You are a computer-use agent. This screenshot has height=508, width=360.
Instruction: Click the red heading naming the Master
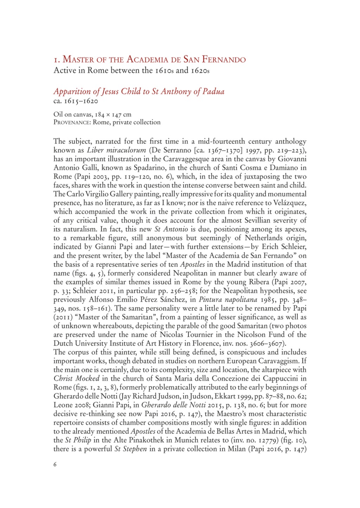(149, 59)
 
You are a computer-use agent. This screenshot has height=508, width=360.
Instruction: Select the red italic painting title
(139, 92)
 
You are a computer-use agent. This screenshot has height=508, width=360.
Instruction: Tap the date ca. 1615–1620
(76, 101)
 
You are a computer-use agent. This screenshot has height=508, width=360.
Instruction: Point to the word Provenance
(72, 122)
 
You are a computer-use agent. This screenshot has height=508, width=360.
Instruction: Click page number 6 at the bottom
(55, 464)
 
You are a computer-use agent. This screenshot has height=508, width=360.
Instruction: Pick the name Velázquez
(287, 203)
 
